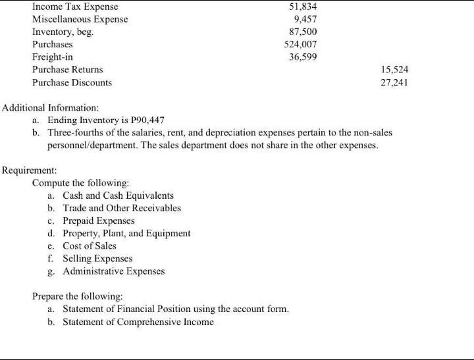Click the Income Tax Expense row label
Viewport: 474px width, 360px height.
70,7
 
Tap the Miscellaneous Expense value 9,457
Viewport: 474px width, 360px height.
305,19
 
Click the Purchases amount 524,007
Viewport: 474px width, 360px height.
300,44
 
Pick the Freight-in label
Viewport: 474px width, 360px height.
53,57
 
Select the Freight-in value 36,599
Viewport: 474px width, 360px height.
303,57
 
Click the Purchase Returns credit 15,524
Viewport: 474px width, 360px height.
395,69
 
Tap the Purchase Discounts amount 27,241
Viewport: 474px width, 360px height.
395,82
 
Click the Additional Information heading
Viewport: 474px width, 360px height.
51,107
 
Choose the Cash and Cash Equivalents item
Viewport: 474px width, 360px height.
118,195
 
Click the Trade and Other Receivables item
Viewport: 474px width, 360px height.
122,208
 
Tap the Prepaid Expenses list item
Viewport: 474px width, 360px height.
99,220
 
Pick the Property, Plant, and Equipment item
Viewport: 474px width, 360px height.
126,233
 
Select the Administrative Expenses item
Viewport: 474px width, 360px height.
114,271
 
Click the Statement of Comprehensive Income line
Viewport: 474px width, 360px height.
138,322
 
